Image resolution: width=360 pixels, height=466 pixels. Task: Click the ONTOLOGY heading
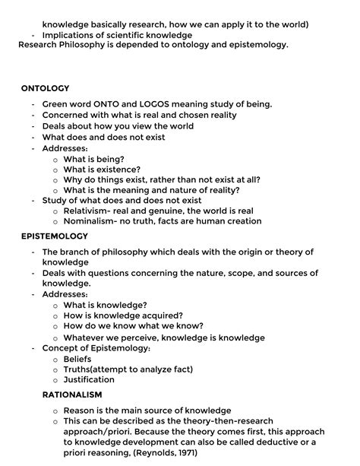[45, 88]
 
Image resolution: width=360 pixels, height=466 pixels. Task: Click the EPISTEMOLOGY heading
[55, 236]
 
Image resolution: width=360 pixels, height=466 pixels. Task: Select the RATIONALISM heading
[71, 395]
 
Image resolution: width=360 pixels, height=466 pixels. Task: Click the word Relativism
[90, 211]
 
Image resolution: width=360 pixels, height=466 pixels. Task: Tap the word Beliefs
[77, 358]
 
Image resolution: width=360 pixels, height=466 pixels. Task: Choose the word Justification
[89, 379]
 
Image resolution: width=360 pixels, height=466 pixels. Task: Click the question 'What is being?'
[93, 159]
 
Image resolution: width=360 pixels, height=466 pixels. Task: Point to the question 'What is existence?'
[102, 170]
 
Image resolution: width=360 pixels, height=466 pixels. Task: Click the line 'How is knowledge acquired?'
[123, 315]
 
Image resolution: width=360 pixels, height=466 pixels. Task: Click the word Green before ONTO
[57, 104]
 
